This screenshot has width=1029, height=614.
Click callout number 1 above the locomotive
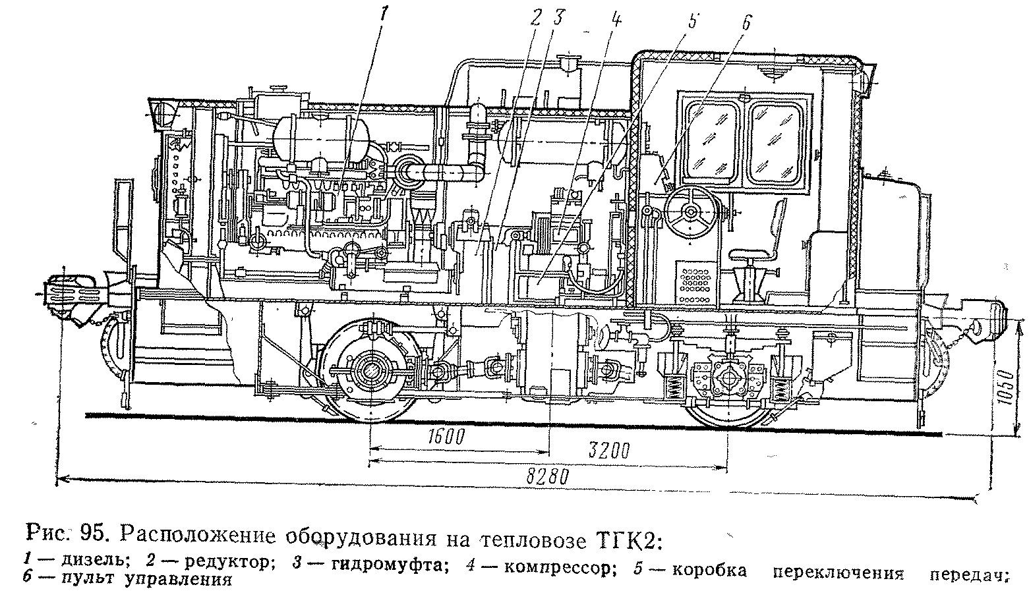[x=387, y=11]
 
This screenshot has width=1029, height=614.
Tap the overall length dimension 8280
[x=546, y=476]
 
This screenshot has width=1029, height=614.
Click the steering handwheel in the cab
[x=690, y=212]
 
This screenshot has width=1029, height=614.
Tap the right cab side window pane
[x=777, y=138]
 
